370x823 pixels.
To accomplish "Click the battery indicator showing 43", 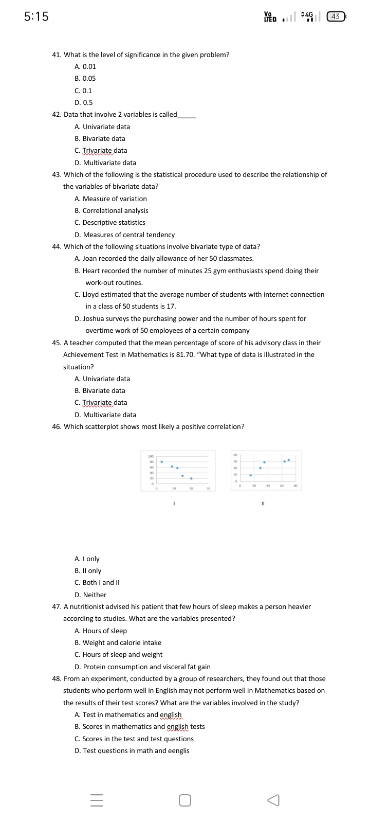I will [x=336, y=16].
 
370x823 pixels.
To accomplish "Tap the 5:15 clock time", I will [x=36, y=16].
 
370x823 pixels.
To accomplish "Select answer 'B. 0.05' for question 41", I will [x=85, y=79].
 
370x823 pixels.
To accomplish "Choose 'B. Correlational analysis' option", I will [x=112, y=210].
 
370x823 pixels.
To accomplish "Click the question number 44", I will [x=57, y=246].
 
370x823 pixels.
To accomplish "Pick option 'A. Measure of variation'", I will [x=110, y=199].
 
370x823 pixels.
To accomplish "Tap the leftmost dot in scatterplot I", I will [x=162, y=462].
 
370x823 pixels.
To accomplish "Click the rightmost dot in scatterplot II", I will [x=289, y=460].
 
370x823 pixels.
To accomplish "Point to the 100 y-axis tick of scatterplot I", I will [x=151, y=456].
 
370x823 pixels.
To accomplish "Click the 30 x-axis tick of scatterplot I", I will [x=208, y=488].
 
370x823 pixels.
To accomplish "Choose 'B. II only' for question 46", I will [x=88, y=570].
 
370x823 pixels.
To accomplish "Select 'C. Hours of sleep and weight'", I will [x=118, y=654].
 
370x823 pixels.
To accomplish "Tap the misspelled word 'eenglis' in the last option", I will [x=178, y=750].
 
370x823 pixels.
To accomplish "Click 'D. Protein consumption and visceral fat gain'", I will [x=142, y=667].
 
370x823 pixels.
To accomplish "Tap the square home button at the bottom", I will [x=185, y=800].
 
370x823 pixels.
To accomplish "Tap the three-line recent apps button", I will [x=97, y=800].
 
